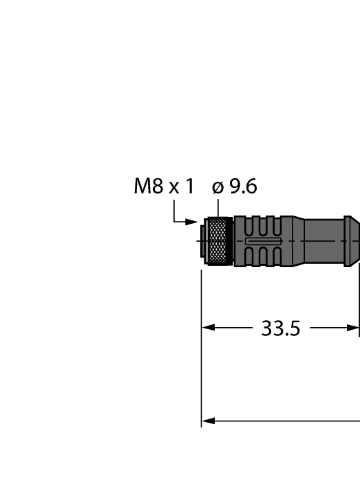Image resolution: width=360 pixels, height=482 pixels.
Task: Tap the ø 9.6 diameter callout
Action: [234, 186]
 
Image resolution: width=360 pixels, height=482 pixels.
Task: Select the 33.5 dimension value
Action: [281, 328]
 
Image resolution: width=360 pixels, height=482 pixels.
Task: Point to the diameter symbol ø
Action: [217, 187]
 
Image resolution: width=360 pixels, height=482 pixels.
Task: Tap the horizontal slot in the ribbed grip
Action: [258, 241]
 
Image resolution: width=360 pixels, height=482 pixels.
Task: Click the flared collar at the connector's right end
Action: [352, 240]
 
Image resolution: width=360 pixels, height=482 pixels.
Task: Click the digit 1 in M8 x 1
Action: [189, 186]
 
